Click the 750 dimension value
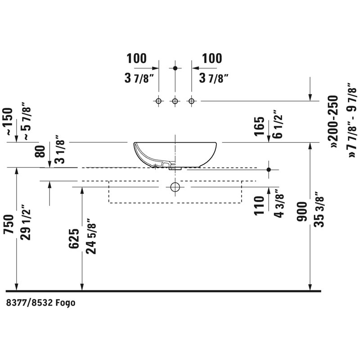(x=9, y=224)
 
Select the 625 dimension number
(x=74, y=238)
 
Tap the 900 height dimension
(x=301, y=211)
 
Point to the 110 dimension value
(x=260, y=206)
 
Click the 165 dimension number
(x=260, y=126)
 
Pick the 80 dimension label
(x=40, y=151)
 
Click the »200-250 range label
(x=333, y=121)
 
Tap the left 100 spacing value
(x=137, y=58)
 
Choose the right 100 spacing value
(x=212, y=58)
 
